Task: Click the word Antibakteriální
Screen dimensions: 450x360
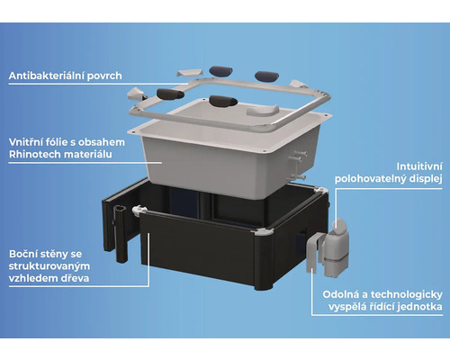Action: [47, 76]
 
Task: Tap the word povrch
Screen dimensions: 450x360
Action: [104, 76]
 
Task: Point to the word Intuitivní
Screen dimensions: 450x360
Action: [419, 166]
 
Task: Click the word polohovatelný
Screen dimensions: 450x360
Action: [368, 179]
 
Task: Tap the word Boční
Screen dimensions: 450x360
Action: [23, 254]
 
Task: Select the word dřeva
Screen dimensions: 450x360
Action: [76, 278]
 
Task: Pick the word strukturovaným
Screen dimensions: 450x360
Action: [49, 266]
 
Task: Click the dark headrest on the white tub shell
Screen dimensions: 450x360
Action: [223, 101]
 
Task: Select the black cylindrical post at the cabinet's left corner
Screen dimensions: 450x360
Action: [120, 233]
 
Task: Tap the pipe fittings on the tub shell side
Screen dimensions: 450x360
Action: [297, 165]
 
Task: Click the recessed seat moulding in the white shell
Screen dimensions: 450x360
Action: [263, 110]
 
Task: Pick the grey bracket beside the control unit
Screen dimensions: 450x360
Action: [313, 253]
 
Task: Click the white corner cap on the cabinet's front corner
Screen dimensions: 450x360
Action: [262, 232]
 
